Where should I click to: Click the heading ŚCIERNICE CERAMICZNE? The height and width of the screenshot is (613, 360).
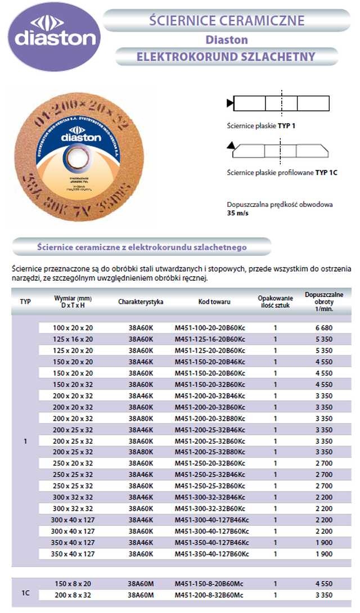coord(227,21)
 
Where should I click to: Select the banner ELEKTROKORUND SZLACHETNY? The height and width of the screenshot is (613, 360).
coord(226,57)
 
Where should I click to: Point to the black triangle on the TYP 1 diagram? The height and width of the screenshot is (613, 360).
coord(229,103)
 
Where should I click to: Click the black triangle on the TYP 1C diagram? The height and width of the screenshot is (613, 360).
coord(231,146)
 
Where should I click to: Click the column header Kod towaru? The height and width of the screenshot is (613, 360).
coord(214,302)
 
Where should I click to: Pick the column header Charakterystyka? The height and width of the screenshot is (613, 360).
coord(141,302)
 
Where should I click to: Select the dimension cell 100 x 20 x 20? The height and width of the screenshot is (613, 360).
coord(73,328)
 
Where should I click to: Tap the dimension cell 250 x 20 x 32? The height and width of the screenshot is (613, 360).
coord(73,463)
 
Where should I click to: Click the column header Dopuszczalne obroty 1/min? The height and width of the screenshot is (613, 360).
coord(323,301)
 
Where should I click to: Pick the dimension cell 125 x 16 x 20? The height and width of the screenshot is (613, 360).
coord(73,339)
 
